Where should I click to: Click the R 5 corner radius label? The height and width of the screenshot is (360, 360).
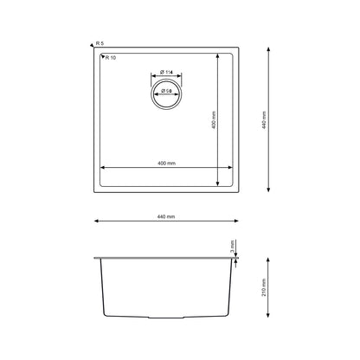click(100, 43)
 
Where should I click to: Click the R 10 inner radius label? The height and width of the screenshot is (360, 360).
click(111, 58)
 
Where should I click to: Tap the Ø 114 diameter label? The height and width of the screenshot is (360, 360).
click(166, 72)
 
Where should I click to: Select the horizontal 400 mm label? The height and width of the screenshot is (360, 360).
click(166, 164)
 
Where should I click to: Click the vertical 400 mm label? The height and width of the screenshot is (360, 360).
click(214, 119)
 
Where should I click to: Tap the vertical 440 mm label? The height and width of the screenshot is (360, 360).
click(264, 119)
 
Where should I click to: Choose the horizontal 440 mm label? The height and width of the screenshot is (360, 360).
click(166, 216)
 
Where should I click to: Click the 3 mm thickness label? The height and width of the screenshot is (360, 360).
click(232, 248)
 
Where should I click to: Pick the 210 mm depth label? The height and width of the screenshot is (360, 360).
click(264, 287)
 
